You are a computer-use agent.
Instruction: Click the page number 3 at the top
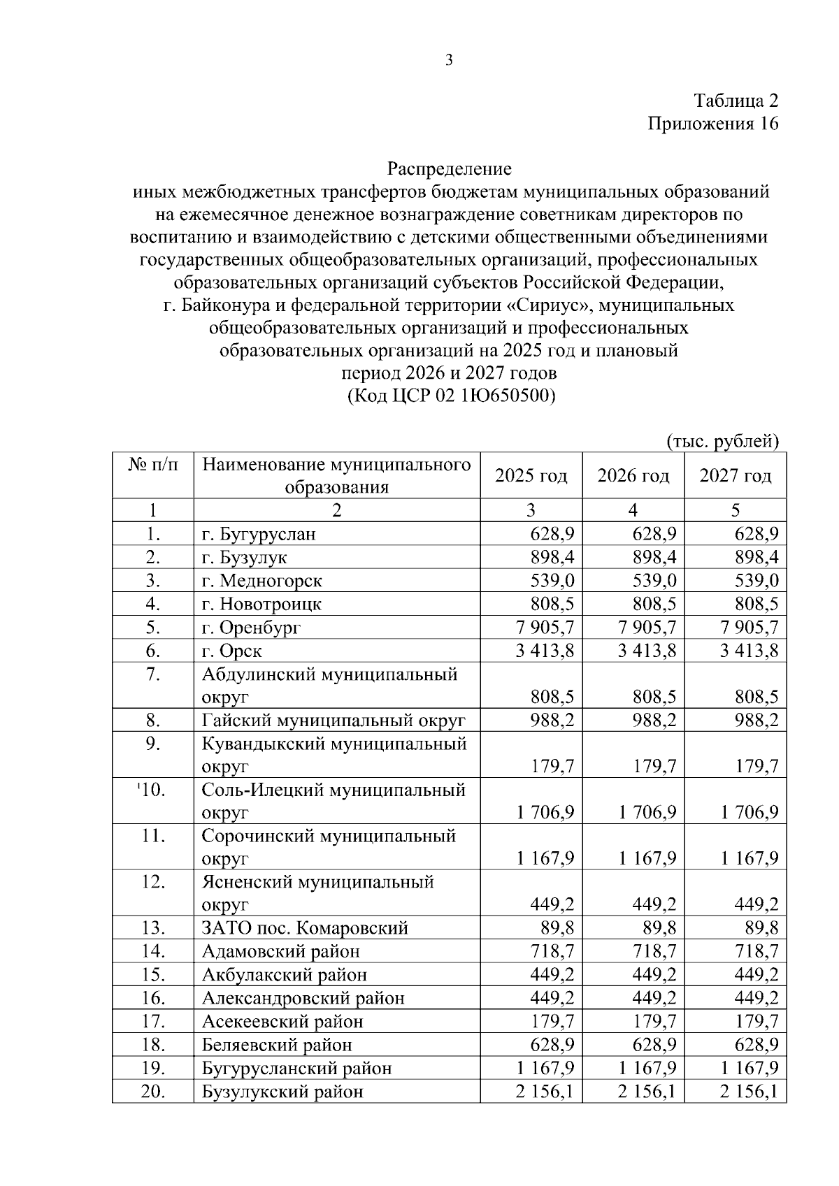(x=449, y=60)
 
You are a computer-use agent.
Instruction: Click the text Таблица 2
(x=736, y=101)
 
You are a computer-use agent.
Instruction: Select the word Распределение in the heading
(x=449, y=168)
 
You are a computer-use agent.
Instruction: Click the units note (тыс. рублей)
(x=722, y=441)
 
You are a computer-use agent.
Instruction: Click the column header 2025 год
(x=531, y=476)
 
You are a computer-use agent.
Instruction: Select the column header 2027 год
(x=735, y=476)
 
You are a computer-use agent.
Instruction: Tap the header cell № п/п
(x=152, y=465)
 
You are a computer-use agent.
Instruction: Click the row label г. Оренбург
(x=251, y=628)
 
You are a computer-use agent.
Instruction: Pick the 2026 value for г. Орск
(x=647, y=651)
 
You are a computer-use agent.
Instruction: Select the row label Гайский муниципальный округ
(x=334, y=721)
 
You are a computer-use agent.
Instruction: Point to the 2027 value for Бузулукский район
(x=750, y=1092)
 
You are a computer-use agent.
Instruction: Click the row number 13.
(x=152, y=928)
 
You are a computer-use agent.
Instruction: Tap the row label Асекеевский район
(x=282, y=1022)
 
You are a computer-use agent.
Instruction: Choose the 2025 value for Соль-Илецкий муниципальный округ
(x=545, y=813)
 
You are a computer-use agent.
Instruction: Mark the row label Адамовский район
(x=281, y=951)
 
